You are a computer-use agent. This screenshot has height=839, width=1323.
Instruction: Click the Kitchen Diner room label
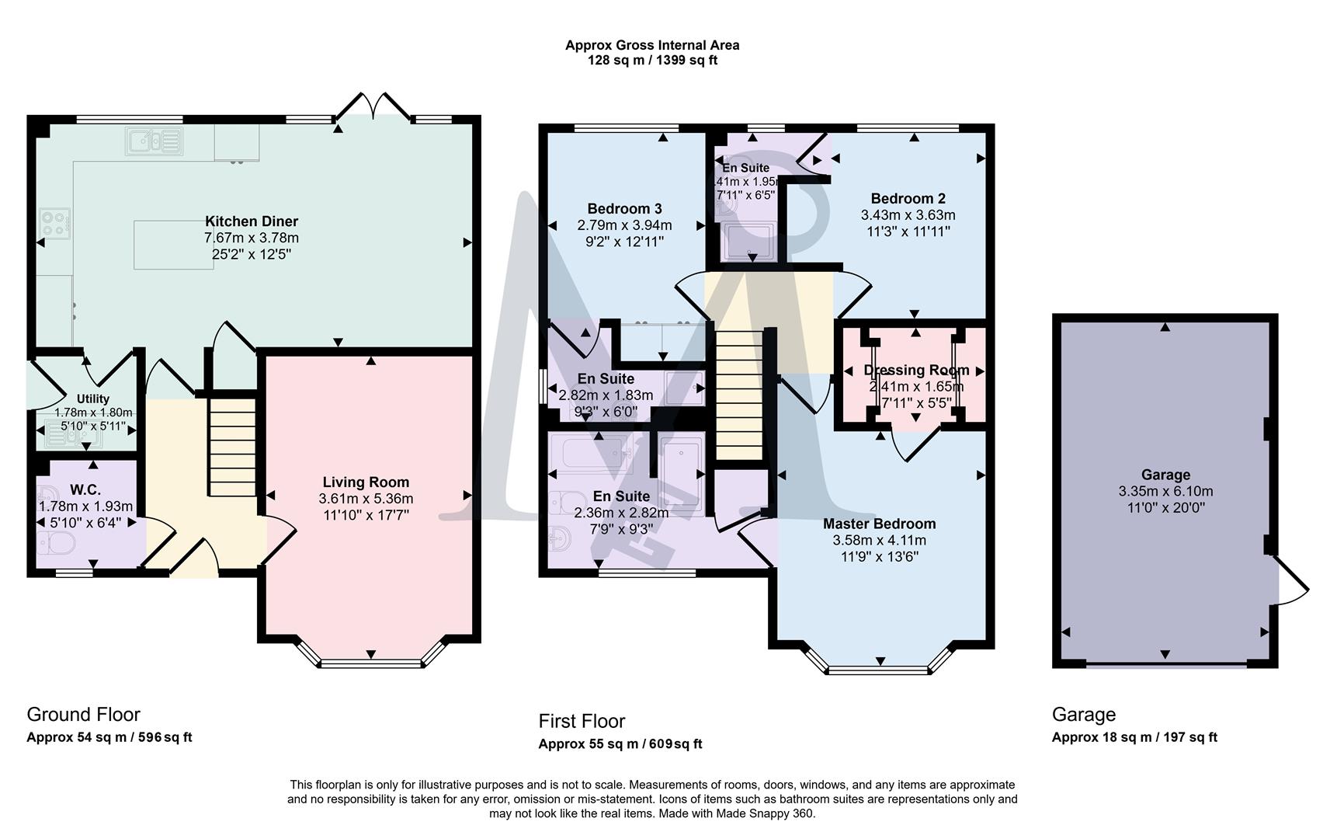251,221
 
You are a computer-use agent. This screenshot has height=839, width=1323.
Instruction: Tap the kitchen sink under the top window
153,141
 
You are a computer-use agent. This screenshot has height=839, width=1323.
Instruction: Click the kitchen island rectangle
173,245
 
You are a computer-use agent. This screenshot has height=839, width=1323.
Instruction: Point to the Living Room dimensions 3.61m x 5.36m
366,499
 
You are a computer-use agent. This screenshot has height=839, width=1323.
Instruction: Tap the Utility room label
92,399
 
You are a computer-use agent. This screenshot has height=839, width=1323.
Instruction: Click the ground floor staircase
231,447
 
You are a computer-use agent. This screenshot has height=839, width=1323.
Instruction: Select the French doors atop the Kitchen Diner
374,108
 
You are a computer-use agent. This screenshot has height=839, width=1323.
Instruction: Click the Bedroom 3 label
624,208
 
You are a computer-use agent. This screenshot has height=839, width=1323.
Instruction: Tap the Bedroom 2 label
908,198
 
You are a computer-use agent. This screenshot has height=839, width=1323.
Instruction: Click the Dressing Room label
916,370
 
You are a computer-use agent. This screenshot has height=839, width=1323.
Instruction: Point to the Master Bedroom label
879,524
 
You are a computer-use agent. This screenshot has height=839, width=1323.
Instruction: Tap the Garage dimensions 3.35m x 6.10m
1165,491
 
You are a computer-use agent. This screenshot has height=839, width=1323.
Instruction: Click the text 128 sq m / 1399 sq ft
652,60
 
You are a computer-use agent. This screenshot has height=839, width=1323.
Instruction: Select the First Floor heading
582,721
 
